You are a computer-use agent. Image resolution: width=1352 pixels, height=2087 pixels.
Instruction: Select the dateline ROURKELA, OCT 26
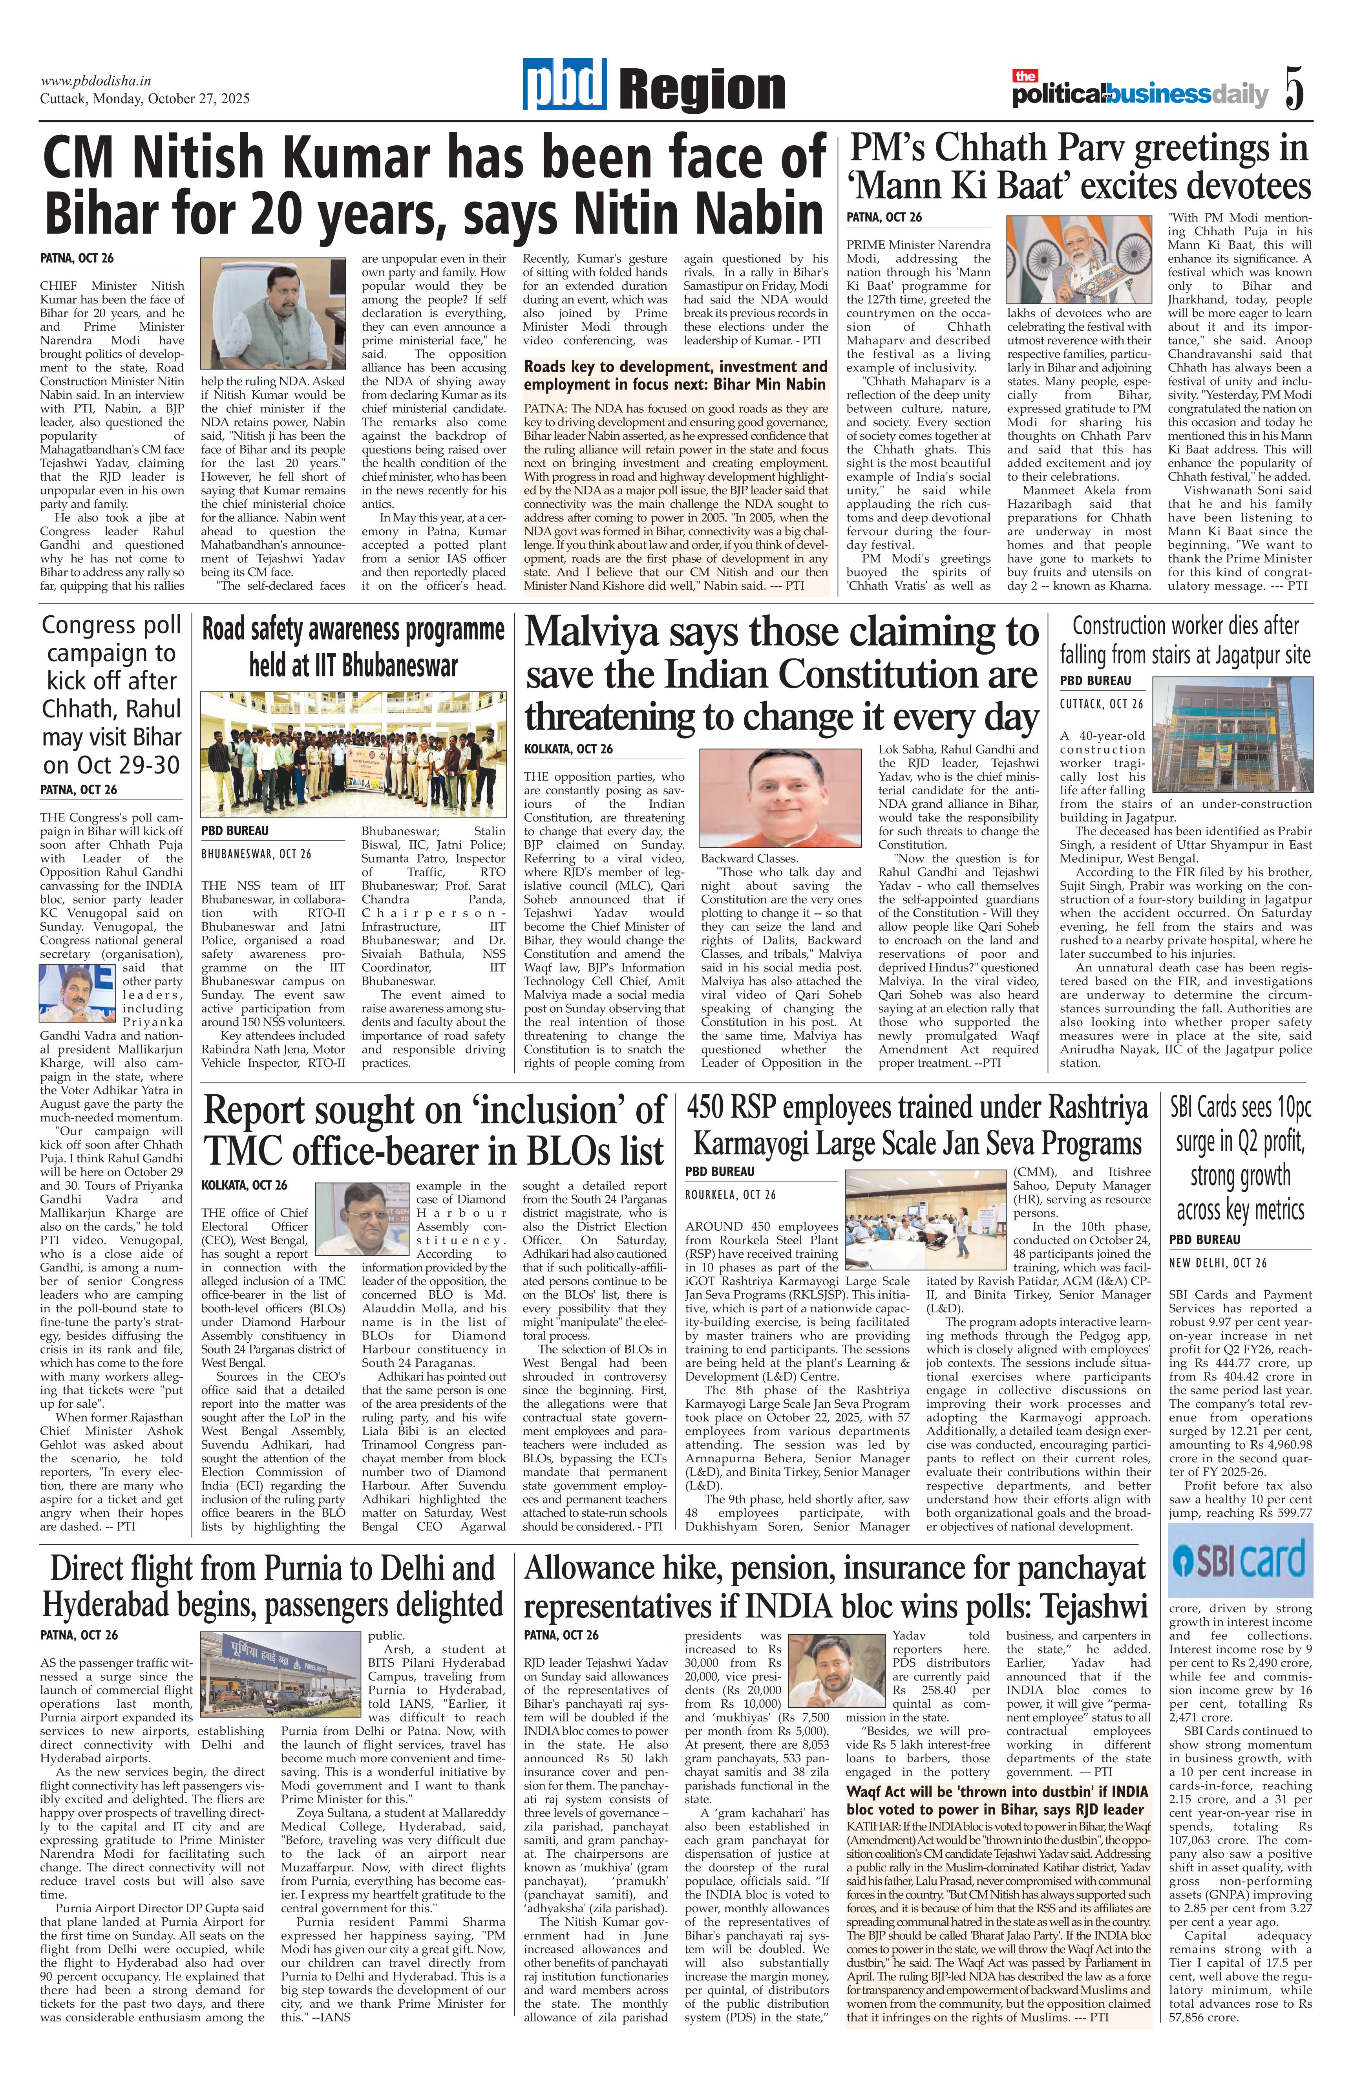tap(730, 1194)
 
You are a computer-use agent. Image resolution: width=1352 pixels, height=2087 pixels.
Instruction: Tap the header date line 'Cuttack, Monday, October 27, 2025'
tap(145, 98)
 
